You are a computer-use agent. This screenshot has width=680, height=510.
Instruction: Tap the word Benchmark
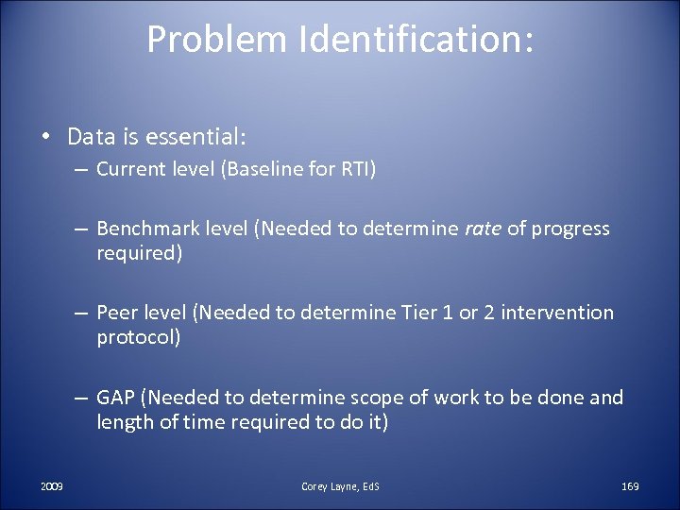pos(146,229)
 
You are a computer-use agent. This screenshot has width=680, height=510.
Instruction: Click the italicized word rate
pos(483,229)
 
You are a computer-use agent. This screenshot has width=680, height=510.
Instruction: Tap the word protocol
pos(138,338)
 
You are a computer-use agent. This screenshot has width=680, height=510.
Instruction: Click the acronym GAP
pos(115,397)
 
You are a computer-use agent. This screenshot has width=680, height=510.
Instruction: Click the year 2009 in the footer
pos(52,485)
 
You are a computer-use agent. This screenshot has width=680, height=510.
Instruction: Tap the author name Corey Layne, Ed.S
pos(340,485)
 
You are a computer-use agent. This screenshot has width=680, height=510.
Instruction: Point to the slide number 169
pos(630,485)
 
